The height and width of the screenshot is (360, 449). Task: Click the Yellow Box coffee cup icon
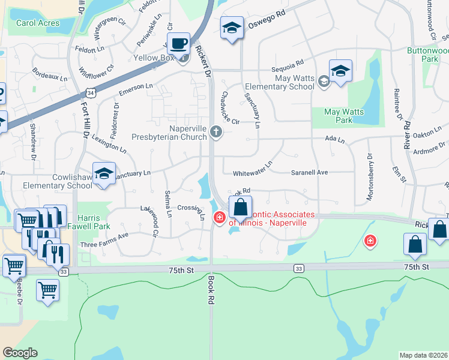point(178,44)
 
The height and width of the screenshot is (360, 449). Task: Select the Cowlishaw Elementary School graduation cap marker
point(104,174)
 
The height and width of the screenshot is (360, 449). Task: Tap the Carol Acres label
point(38,23)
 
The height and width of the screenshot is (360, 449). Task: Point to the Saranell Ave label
point(310,172)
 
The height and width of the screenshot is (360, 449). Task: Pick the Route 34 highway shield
point(89,94)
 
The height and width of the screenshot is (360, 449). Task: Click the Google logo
point(20,352)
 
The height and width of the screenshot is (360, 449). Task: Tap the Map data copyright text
point(424,355)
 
